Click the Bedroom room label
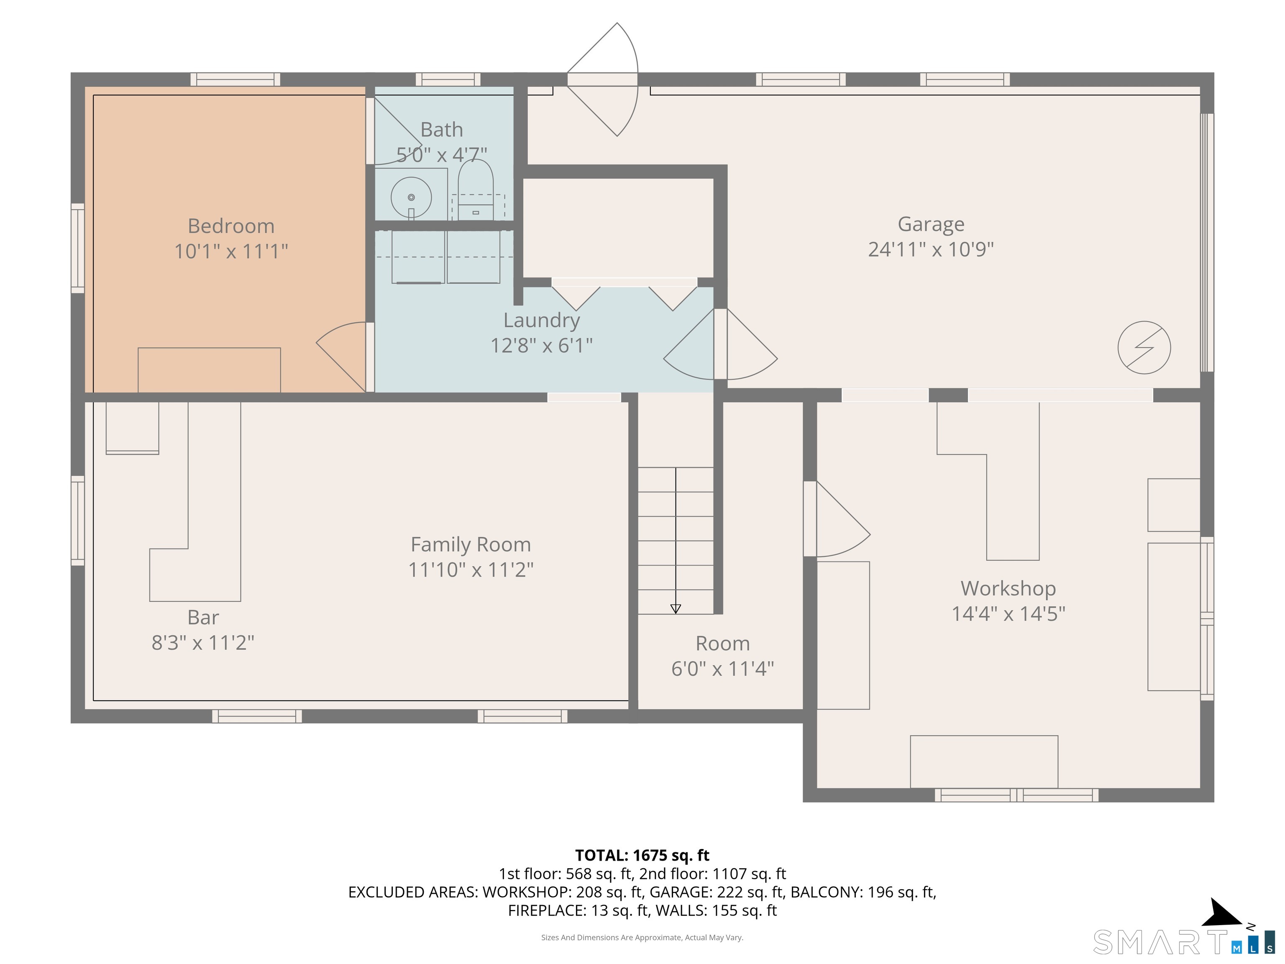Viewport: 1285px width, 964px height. [x=230, y=226]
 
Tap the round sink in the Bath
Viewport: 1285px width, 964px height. [x=411, y=197]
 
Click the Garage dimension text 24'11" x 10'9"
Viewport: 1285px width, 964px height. [x=931, y=249]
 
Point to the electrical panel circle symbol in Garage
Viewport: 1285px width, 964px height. [x=1143, y=347]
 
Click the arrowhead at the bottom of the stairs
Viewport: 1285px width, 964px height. [x=675, y=608]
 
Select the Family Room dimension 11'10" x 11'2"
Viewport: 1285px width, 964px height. [x=471, y=569]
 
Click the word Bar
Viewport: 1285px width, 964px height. [x=203, y=617]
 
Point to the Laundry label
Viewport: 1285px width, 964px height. [x=541, y=320]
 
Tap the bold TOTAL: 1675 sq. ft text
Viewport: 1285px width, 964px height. [x=642, y=855]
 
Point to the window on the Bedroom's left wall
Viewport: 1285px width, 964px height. [x=77, y=248]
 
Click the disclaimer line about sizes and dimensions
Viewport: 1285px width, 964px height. [x=642, y=937]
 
